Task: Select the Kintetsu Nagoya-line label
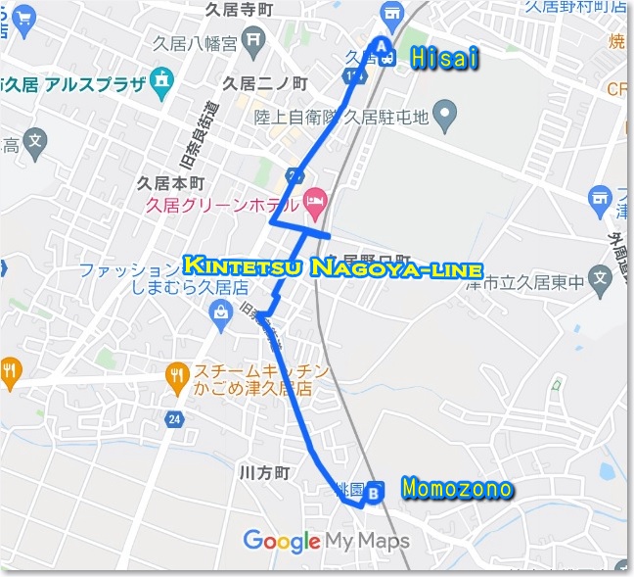(x=333, y=266)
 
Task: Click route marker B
(x=373, y=494)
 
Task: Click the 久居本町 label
(x=170, y=182)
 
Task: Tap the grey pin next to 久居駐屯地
(x=446, y=117)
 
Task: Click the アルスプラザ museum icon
(x=162, y=81)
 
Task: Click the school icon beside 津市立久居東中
(x=601, y=278)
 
